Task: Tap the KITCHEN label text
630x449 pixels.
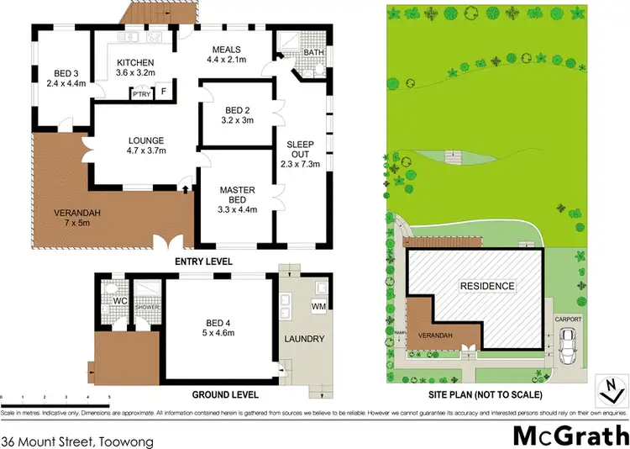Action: pos(134,63)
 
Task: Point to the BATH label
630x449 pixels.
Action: pos(313,52)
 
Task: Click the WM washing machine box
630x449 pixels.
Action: pos(320,307)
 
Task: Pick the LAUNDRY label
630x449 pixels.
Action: pos(306,340)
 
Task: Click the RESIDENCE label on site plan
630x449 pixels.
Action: pos(486,286)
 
